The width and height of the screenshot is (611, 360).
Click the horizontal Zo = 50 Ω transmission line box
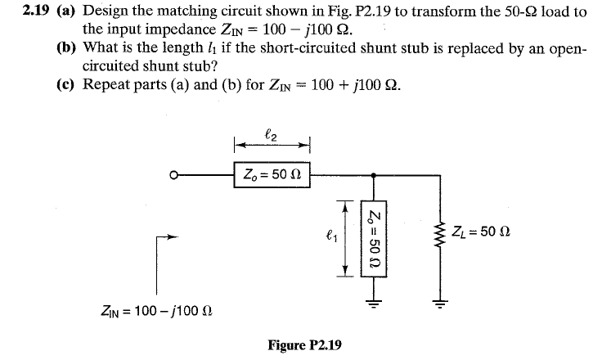[271, 174]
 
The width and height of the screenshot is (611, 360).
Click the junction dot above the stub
[374, 174]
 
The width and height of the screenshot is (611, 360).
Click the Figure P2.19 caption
[304, 345]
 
